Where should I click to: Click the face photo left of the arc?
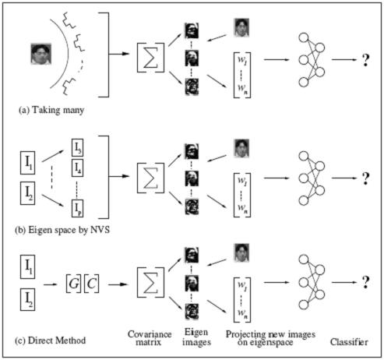37,55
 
